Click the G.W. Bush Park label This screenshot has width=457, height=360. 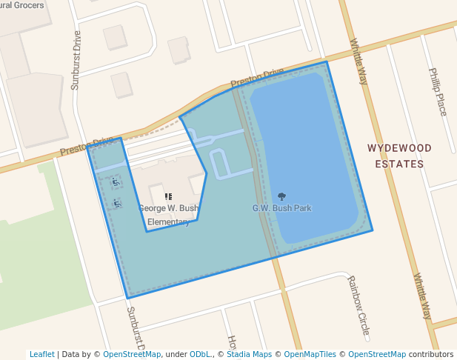click(x=281, y=208)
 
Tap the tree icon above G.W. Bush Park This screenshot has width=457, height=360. click(x=281, y=196)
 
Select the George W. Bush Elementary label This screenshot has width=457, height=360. click(x=168, y=215)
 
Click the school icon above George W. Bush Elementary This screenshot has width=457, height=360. click(x=168, y=197)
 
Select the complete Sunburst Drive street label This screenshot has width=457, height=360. click(x=76, y=60)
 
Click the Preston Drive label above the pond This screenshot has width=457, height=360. click(x=257, y=77)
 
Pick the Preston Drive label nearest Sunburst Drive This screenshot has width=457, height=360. click(x=87, y=146)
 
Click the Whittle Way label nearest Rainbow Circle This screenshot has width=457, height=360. click(x=421, y=296)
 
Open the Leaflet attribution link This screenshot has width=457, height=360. click(x=41, y=354)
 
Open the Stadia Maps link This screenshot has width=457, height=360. click(x=248, y=354)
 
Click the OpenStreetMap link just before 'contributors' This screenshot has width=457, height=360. click(x=376, y=354)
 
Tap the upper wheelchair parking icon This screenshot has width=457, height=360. click(x=115, y=181)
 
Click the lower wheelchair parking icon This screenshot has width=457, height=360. click(x=117, y=202)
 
